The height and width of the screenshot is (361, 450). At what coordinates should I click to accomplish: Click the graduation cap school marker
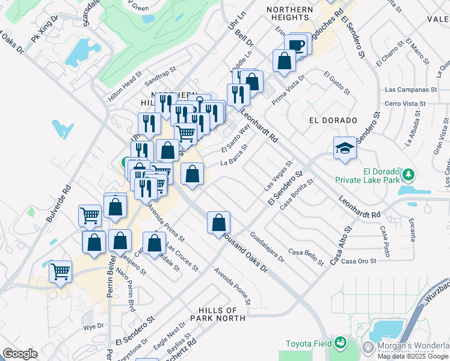click(x=345, y=148)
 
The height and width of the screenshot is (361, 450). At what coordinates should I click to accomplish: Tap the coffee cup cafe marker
click(x=297, y=45)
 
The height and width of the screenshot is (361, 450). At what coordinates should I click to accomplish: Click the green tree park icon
click(x=409, y=174)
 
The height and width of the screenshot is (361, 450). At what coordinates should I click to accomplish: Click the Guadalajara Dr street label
click(x=267, y=246)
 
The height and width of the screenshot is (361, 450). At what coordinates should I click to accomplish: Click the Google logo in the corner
click(x=20, y=354)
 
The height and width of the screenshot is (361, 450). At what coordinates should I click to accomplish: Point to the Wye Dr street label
click(x=93, y=327)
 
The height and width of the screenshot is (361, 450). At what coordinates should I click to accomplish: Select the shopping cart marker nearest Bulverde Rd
click(x=90, y=215)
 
